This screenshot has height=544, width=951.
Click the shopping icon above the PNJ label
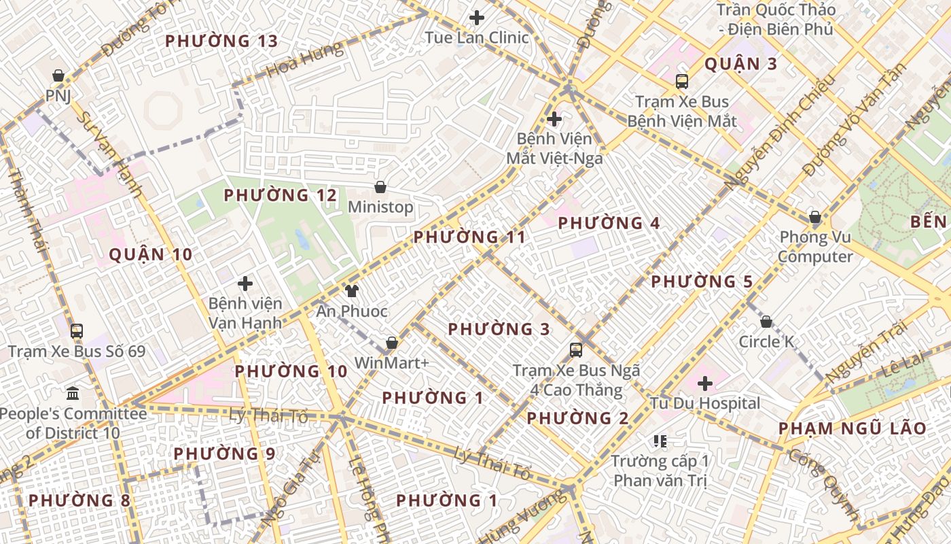(x=58, y=75)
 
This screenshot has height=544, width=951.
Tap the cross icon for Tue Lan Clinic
(x=478, y=18)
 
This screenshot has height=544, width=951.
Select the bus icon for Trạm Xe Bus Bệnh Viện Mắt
(x=682, y=82)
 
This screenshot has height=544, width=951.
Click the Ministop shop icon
(x=380, y=187)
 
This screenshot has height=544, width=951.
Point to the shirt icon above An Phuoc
(x=351, y=292)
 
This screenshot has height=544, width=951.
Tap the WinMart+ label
(x=392, y=363)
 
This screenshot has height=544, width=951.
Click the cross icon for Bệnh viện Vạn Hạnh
(x=245, y=284)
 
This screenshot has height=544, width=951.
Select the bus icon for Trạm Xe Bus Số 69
(x=77, y=331)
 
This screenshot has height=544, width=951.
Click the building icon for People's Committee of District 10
(x=73, y=393)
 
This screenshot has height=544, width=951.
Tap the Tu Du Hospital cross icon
(x=705, y=384)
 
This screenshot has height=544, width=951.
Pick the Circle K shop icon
(x=766, y=322)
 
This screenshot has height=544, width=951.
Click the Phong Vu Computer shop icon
(x=815, y=218)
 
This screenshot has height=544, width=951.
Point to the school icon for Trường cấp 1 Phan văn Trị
(x=660, y=441)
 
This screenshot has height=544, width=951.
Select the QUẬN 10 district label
(x=151, y=255)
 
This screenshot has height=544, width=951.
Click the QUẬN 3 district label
(x=740, y=65)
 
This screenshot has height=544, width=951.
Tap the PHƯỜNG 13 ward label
(x=221, y=41)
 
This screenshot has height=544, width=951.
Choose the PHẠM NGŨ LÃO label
(x=852, y=428)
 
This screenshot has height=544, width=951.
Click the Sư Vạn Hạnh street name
(x=109, y=155)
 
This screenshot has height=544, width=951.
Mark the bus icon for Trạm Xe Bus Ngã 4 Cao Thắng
(x=576, y=350)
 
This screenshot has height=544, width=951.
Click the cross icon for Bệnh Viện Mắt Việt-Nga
(x=554, y=119)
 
